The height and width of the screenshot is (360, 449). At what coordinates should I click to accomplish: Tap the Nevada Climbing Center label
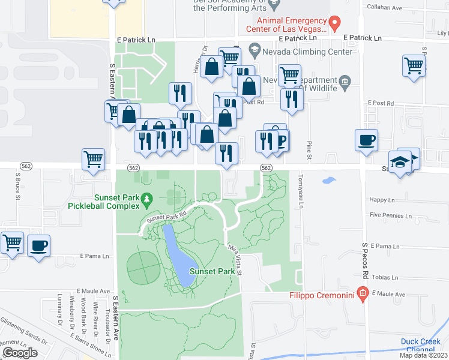click(310, 52)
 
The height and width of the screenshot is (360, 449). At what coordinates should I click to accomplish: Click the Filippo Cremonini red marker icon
click(362, 294)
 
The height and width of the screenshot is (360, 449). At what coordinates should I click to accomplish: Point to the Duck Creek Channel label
click(424, 345)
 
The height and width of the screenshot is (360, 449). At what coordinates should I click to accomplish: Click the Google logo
click(20, 353)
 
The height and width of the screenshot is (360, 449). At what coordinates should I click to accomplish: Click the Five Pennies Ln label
click(391, 215)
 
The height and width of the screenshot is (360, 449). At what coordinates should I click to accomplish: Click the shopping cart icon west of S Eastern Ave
click(93, 160)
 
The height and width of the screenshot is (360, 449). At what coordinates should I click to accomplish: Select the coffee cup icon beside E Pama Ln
click(39, 246)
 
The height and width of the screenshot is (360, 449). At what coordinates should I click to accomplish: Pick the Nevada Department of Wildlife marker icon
click(345, 82)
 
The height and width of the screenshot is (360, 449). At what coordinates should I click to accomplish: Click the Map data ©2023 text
click(423, 355)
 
